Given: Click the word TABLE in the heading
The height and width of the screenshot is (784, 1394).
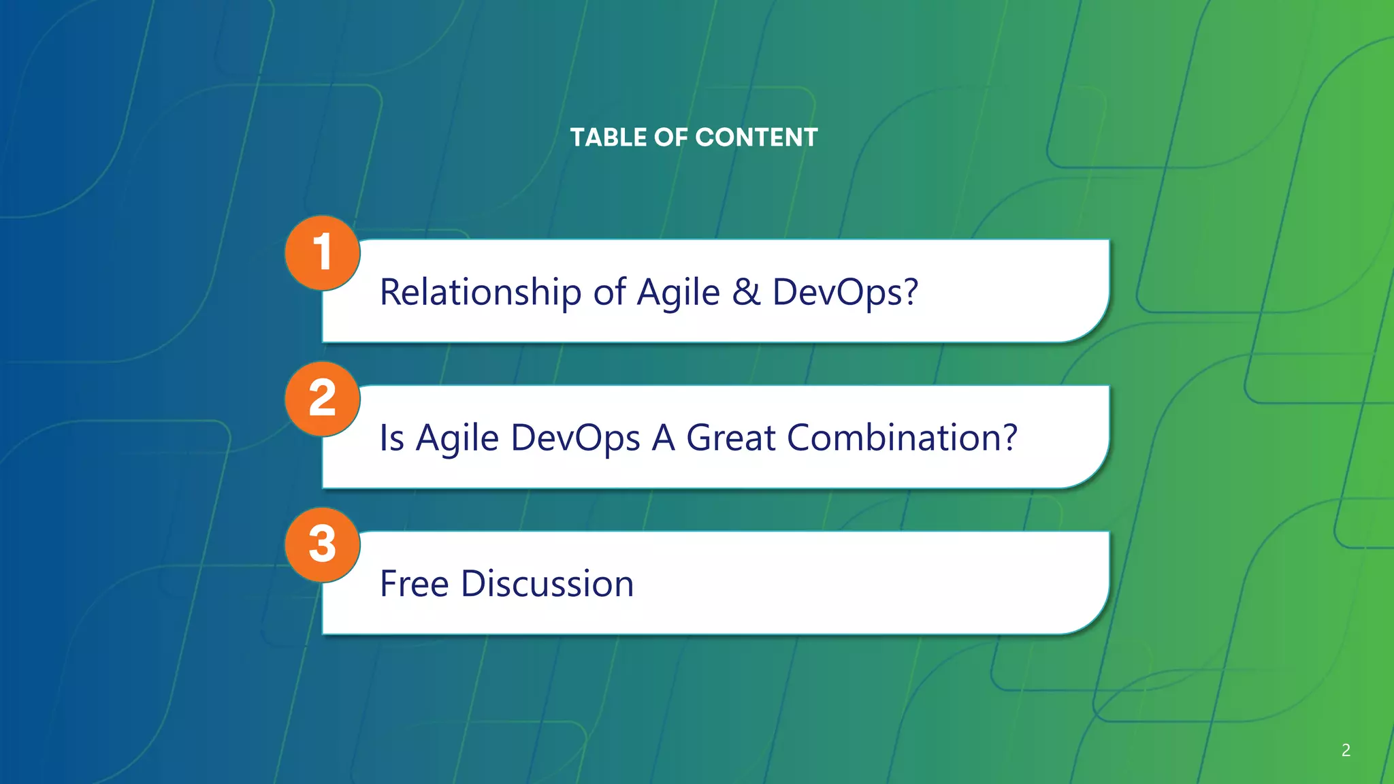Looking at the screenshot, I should point(608,137).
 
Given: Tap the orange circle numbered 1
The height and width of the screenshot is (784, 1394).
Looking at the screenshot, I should point(322,252).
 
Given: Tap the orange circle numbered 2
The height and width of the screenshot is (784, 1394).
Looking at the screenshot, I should point(322,398).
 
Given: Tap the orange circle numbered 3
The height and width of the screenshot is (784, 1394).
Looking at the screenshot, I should point(322,544).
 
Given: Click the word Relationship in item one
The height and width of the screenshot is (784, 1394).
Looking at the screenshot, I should point(480,293).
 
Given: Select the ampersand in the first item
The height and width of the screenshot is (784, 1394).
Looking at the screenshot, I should point(746,292).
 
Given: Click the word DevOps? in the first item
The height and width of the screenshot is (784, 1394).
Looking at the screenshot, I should point(845,293).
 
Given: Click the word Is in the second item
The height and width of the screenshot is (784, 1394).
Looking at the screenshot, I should point(392,438).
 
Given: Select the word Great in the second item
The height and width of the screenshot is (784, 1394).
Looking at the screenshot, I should point(730,438).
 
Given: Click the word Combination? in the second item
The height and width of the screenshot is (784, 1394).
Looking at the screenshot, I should point(902,438).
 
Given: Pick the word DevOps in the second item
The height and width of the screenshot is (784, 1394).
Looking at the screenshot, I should point(575,439).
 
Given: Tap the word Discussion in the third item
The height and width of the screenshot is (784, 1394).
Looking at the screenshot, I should point(547,584).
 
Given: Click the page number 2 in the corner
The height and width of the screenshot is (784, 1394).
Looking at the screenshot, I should point(1346,750).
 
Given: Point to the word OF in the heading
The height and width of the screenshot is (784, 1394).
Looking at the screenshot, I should point(671,137).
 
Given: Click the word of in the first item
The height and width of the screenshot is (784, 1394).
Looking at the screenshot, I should point(609,293).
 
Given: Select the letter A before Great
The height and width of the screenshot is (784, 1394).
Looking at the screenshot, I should point(663,438).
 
